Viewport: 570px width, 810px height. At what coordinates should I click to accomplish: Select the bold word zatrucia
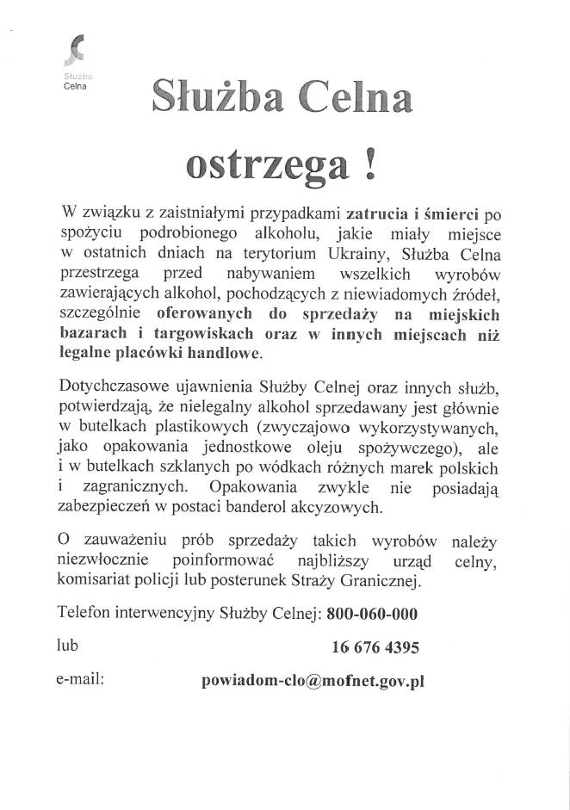coord(375,212)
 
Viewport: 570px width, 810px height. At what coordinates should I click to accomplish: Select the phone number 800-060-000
coord(373,615)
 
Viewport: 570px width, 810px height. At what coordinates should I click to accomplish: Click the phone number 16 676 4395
coord(375,647)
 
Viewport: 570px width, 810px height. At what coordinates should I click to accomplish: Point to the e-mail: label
coord(80,679)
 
